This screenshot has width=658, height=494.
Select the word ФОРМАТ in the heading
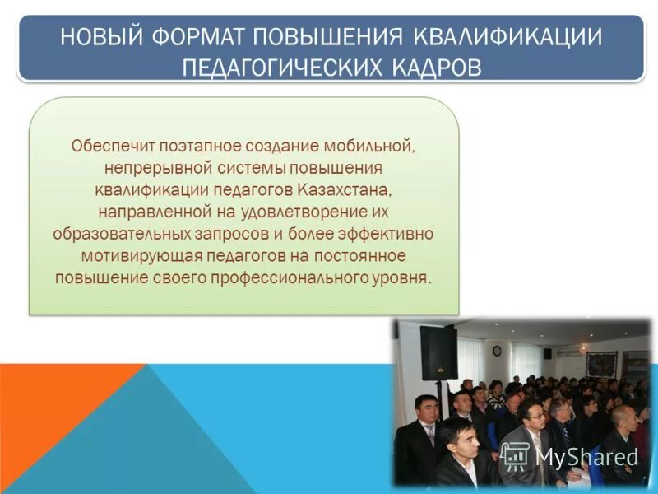tap(202, 37)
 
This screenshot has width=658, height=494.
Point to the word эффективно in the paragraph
tap(390, 233)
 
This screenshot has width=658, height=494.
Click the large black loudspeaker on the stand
tap(438, 352)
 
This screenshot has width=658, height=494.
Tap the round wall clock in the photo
tap(498, 350)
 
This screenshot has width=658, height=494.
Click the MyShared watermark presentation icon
tap(515, 455)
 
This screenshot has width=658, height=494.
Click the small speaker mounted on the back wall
tap(547, 352)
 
